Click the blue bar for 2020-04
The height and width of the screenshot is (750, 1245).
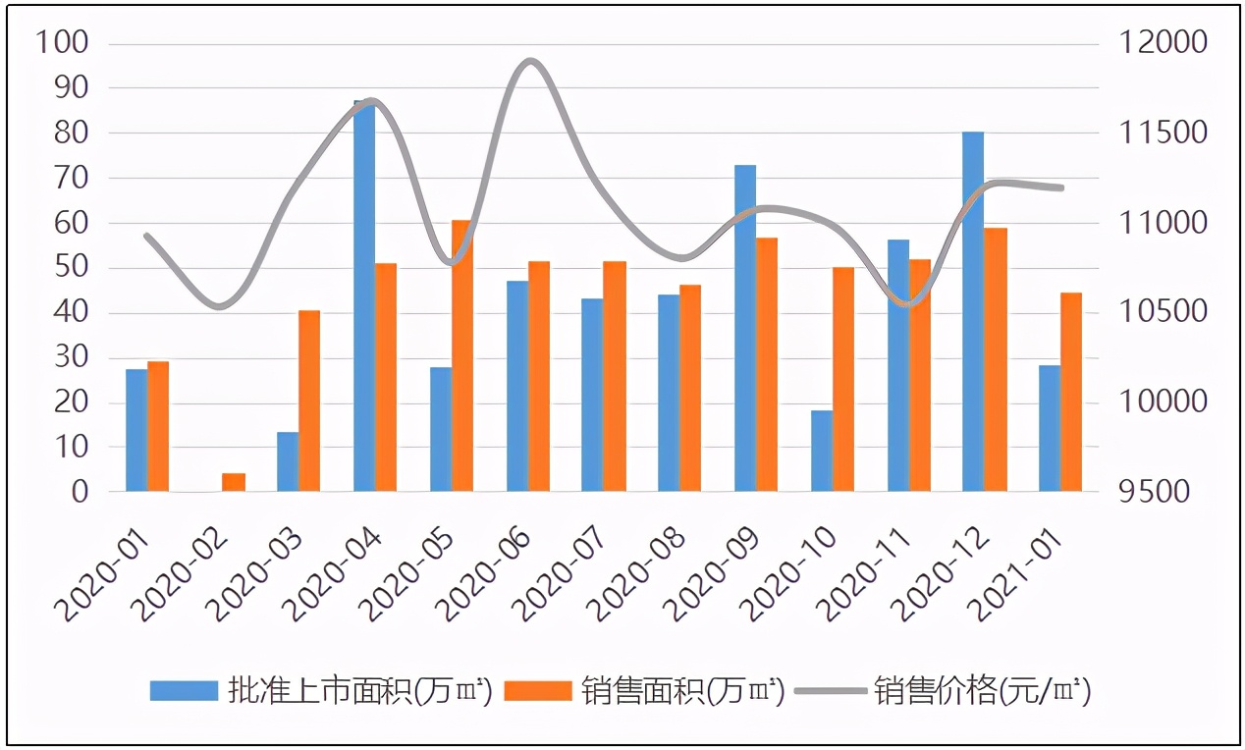coord(364,295)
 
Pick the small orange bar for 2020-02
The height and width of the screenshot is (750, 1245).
coord(233,482)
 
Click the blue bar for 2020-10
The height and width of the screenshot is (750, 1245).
coord(822,451)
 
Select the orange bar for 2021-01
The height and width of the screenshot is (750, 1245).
coord(1071,392)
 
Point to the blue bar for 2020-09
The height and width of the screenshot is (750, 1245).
coord(745,328)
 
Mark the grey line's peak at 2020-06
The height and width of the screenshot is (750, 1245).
coord(530,62)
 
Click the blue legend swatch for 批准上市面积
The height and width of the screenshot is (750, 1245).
coord(183,690)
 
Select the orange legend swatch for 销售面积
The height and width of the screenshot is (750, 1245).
coord(537,690)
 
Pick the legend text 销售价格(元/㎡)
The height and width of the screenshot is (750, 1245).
coord(982,690)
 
